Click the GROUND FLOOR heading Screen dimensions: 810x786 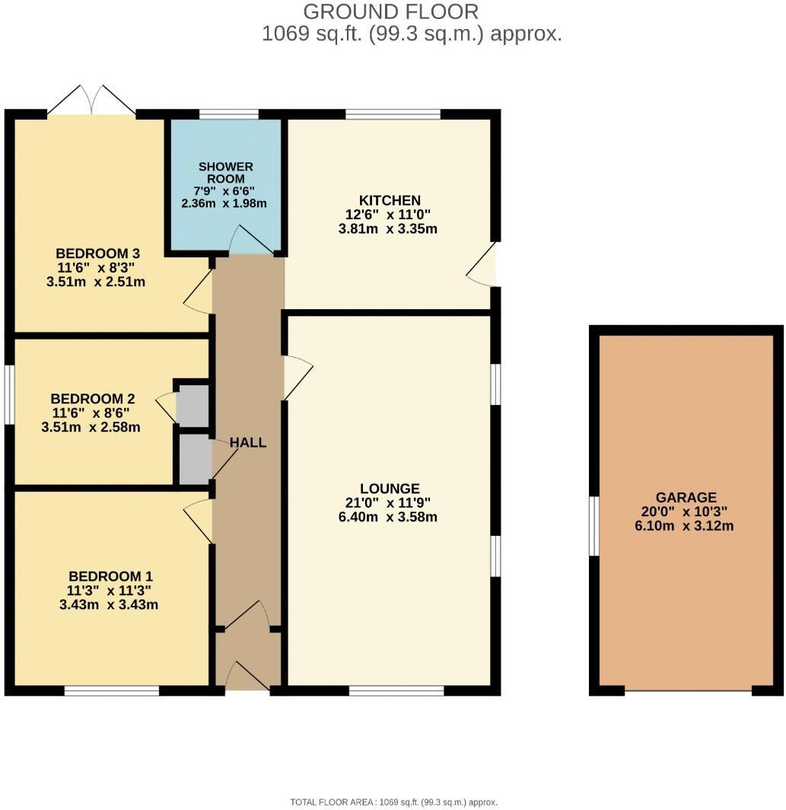pos(391,12)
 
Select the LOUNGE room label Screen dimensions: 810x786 pos(390,489)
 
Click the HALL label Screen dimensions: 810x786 pos(248,442)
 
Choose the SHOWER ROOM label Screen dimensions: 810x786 pos(225,173)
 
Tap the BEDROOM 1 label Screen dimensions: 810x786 pos(104,576)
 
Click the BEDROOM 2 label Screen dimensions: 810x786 pos(92,399)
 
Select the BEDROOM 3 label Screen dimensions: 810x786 pos(97,254)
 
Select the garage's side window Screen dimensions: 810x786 pos(595,526)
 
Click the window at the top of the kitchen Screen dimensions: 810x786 pos(393,114)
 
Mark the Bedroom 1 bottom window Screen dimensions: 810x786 pos(111,690)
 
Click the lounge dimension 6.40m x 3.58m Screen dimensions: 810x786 pos(390,518)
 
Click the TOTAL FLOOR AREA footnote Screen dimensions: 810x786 pos(393,802)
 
